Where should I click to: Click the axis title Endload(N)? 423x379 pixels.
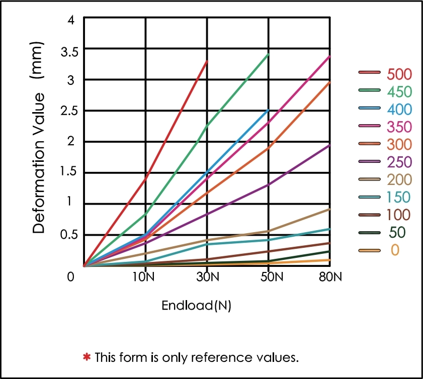coord(196,305)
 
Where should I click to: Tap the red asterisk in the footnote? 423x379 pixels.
coord(87,357)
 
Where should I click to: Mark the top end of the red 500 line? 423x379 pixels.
coord(207,61)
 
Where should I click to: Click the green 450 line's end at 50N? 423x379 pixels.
coord(269,54)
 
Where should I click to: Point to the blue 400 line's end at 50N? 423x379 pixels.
coord(269,110)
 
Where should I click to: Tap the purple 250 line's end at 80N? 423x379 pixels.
coord(330,145)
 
